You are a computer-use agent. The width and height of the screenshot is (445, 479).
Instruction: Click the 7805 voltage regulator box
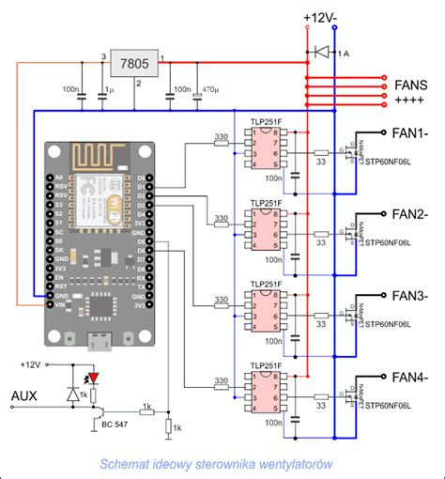click(x=135, y=63)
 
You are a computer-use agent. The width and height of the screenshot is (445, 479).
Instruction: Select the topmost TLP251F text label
click(x=266, y=121)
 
